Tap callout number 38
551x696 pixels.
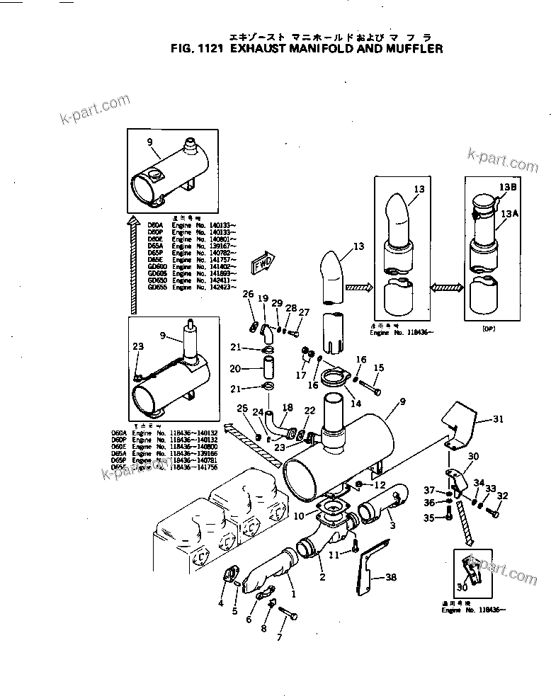tap(391, 578)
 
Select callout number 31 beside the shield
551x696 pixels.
tap(499, 419)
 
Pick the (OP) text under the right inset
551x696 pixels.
tap(487, 329)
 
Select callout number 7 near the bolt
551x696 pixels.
tap(279, 637)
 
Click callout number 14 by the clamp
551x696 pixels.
tap(356, 402)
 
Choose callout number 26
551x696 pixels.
tap(248, 294)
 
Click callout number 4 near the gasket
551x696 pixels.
tap(221, 603)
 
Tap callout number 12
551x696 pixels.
tap(380, 485)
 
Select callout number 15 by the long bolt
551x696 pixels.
tap(379, 367)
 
